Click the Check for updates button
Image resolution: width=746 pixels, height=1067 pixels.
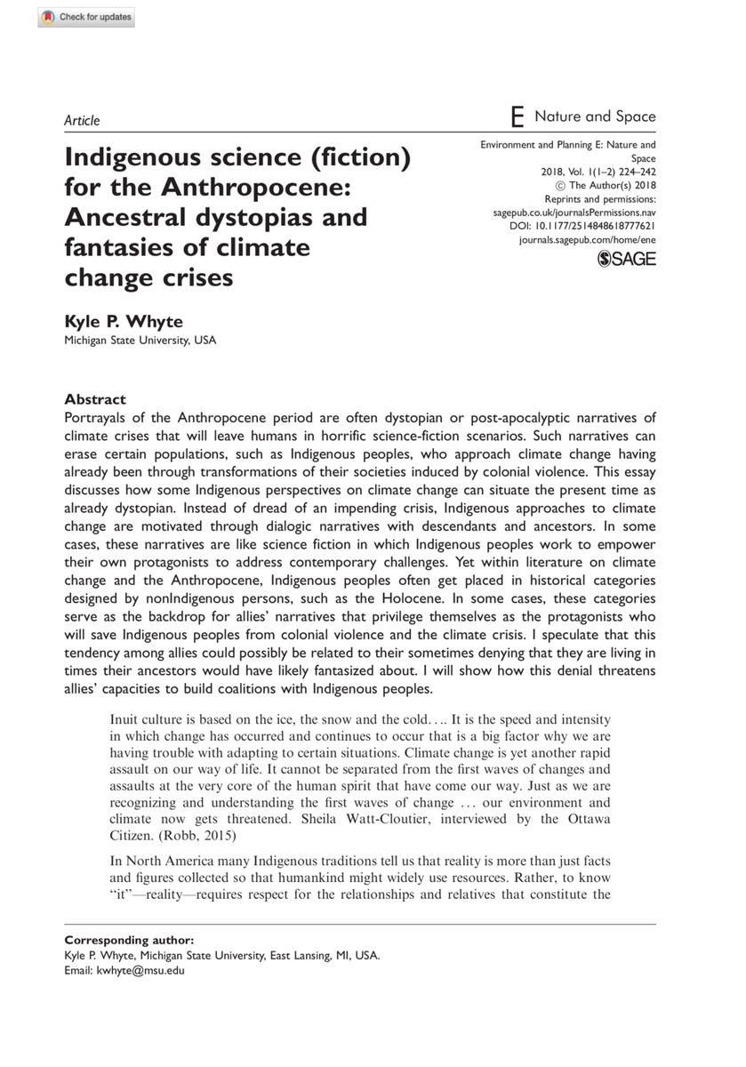point(86,17)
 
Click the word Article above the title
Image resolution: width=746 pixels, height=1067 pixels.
point(83,121)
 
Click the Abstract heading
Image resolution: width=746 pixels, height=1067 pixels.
point(96,399)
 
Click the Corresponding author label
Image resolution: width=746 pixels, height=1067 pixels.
point(129,940)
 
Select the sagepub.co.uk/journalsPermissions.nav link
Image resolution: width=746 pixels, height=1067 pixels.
point(574,214)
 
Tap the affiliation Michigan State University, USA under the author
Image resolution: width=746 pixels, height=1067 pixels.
point(140,341)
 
